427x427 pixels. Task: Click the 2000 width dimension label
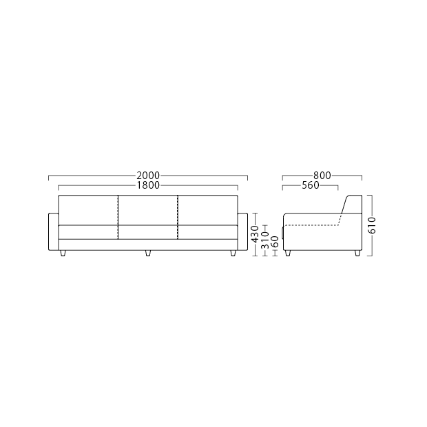click(148, 176)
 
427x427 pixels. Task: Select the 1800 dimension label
click(148, 185)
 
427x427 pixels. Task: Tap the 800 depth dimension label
click(322, 176)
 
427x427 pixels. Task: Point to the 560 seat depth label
click(311, 185)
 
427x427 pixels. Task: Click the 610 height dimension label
click(371, 225)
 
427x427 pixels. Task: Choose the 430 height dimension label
click(255, 234)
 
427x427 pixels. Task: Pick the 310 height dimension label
click(265, 240)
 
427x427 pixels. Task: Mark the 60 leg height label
click(275, 242)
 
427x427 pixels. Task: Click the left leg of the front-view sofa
click(63, 253)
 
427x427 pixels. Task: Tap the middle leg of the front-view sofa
click(148, 253)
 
